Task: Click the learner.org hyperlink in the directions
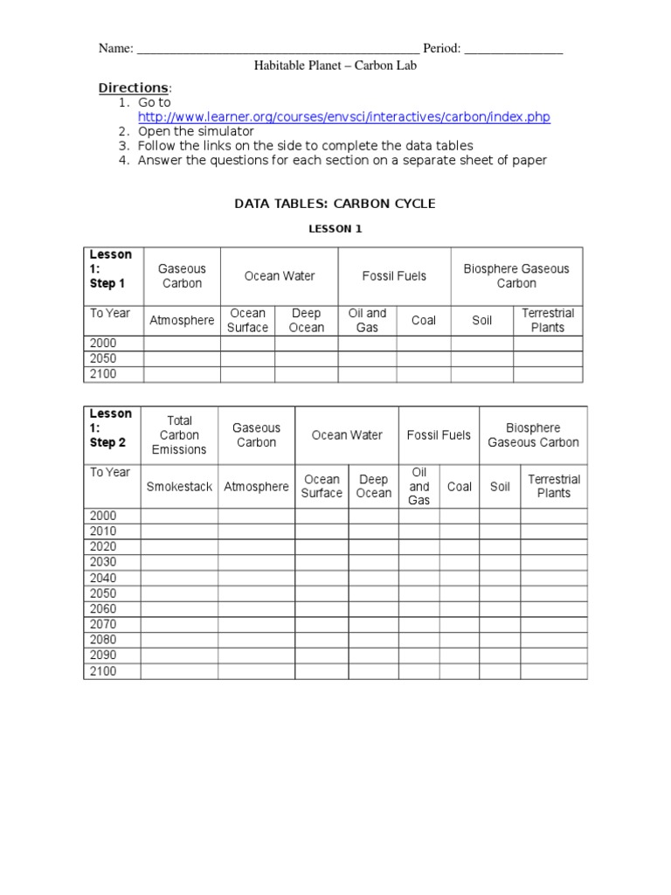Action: click(x=343, y=117)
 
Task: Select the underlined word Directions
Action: click(x=133, y=88)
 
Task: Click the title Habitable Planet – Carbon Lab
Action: click(x=329, y=66)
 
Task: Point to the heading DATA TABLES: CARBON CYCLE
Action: click(x=334, y=204)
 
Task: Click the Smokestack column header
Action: click(x=179, y=487)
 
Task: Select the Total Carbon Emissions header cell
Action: click(x=179, y=435)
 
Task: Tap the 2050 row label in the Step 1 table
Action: click(x=103, y=358)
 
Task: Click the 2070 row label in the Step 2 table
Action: click(x=103, y=624)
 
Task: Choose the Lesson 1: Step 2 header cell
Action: click(x=112, y=428)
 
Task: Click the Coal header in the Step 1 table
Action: click(x=424, y=321)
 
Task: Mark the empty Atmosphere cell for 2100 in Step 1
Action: click(x=182, y=374)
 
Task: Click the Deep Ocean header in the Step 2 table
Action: click(x=374, y=487)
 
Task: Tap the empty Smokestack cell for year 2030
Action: click(x=179, y=562)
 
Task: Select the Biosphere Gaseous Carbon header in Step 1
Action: click(x=516, y=276)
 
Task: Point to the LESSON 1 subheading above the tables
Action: click(x=334, y=230)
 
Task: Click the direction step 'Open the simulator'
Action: click(x=196, y=131)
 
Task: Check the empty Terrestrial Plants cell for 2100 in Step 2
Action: click(x=554, y=671)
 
